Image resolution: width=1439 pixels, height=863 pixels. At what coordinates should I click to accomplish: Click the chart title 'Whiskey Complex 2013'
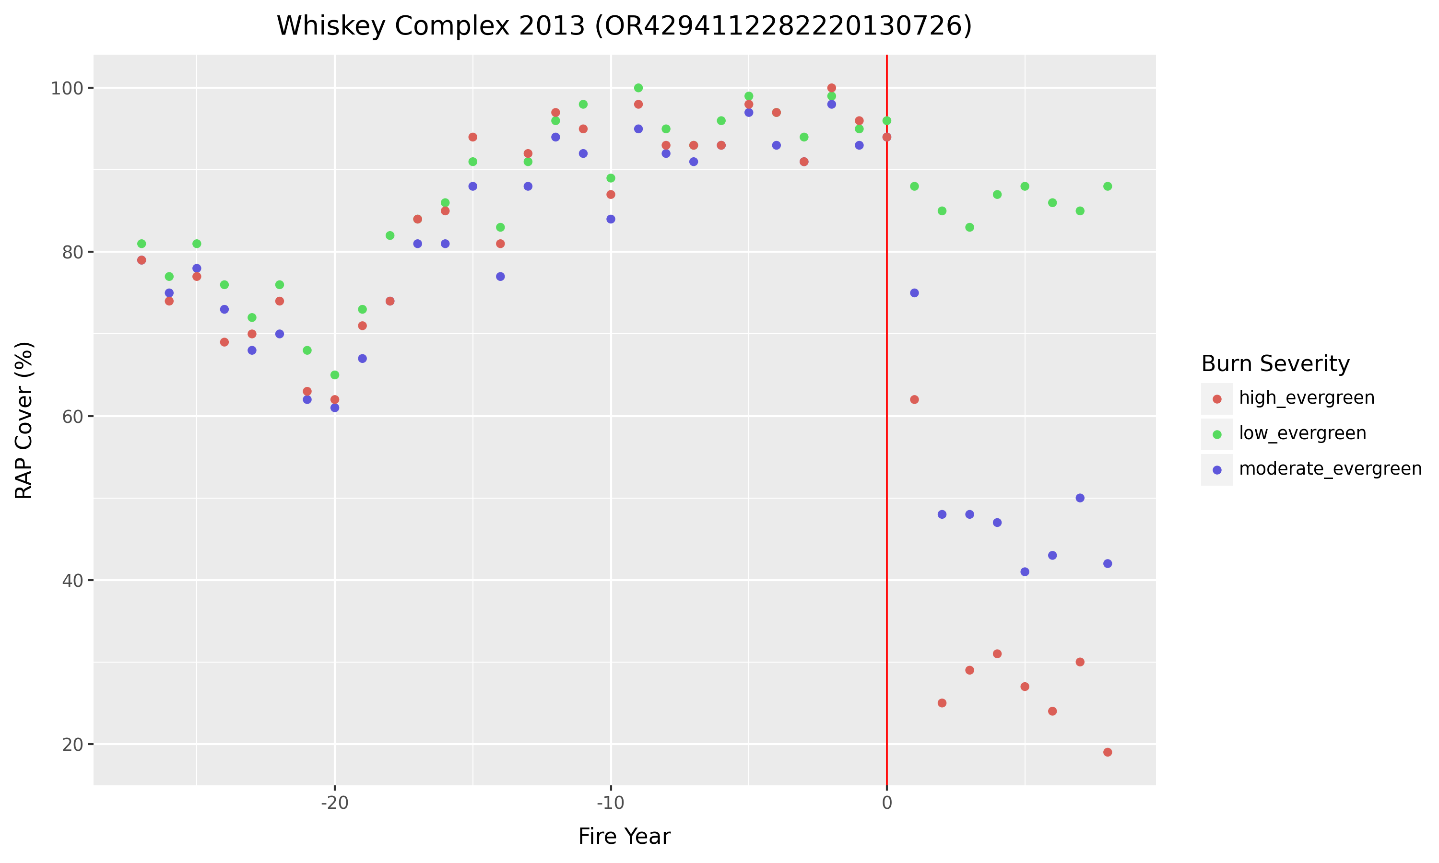coord(624,26)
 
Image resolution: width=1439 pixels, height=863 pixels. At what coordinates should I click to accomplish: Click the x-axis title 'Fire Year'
coord(624,836)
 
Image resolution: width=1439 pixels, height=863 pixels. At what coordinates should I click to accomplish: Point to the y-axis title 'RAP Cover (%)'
coord(24,420)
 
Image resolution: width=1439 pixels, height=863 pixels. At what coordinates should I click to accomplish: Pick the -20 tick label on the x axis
coord(334,803)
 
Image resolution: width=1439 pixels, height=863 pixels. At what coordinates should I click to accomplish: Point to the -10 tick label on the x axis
coord(610,803)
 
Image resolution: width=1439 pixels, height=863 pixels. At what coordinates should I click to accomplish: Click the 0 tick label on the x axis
coord(886,803)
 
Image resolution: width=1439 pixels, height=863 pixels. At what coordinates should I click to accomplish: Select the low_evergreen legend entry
coord(1302,434)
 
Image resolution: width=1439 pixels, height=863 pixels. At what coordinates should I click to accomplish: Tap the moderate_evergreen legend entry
coord(1330,469)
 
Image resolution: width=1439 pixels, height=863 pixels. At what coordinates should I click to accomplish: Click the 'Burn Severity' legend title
coord(1275,364)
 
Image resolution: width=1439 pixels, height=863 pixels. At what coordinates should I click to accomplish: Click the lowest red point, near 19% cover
coord(1108,753)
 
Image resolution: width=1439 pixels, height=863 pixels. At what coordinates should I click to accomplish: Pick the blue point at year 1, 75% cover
coord(914,293)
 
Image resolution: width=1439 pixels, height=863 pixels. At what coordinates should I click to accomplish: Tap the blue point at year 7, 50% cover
coord(1080,498)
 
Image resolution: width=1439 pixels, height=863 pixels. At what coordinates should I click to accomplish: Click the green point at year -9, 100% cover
coord(638,88)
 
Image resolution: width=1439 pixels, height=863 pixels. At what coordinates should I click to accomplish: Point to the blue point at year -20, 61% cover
coord(334,408)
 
